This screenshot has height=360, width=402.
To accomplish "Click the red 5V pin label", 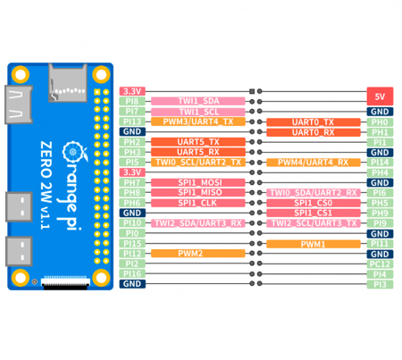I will click(x=378, y=95).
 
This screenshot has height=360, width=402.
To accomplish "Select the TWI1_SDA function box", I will click(x=198, y=101).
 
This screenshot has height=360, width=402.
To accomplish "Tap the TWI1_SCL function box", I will click(x=198, y=111).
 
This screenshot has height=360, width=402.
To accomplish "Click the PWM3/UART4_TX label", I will click(x=198, y=121).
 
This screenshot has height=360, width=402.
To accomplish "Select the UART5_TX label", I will click(x=198, y=142).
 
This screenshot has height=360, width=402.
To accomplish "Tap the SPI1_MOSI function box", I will click(x=198, y=182).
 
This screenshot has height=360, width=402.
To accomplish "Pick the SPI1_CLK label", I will click(x=198, y=203).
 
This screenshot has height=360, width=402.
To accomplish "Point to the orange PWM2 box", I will click(x=198, y=254).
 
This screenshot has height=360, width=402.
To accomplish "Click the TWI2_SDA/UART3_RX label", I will click(x=198, y=222).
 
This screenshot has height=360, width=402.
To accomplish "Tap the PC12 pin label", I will click(x=379, y=264).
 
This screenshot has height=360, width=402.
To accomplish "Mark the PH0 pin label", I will click(x=379, y=121).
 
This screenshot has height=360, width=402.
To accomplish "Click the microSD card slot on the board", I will click(x=70, y=83).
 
